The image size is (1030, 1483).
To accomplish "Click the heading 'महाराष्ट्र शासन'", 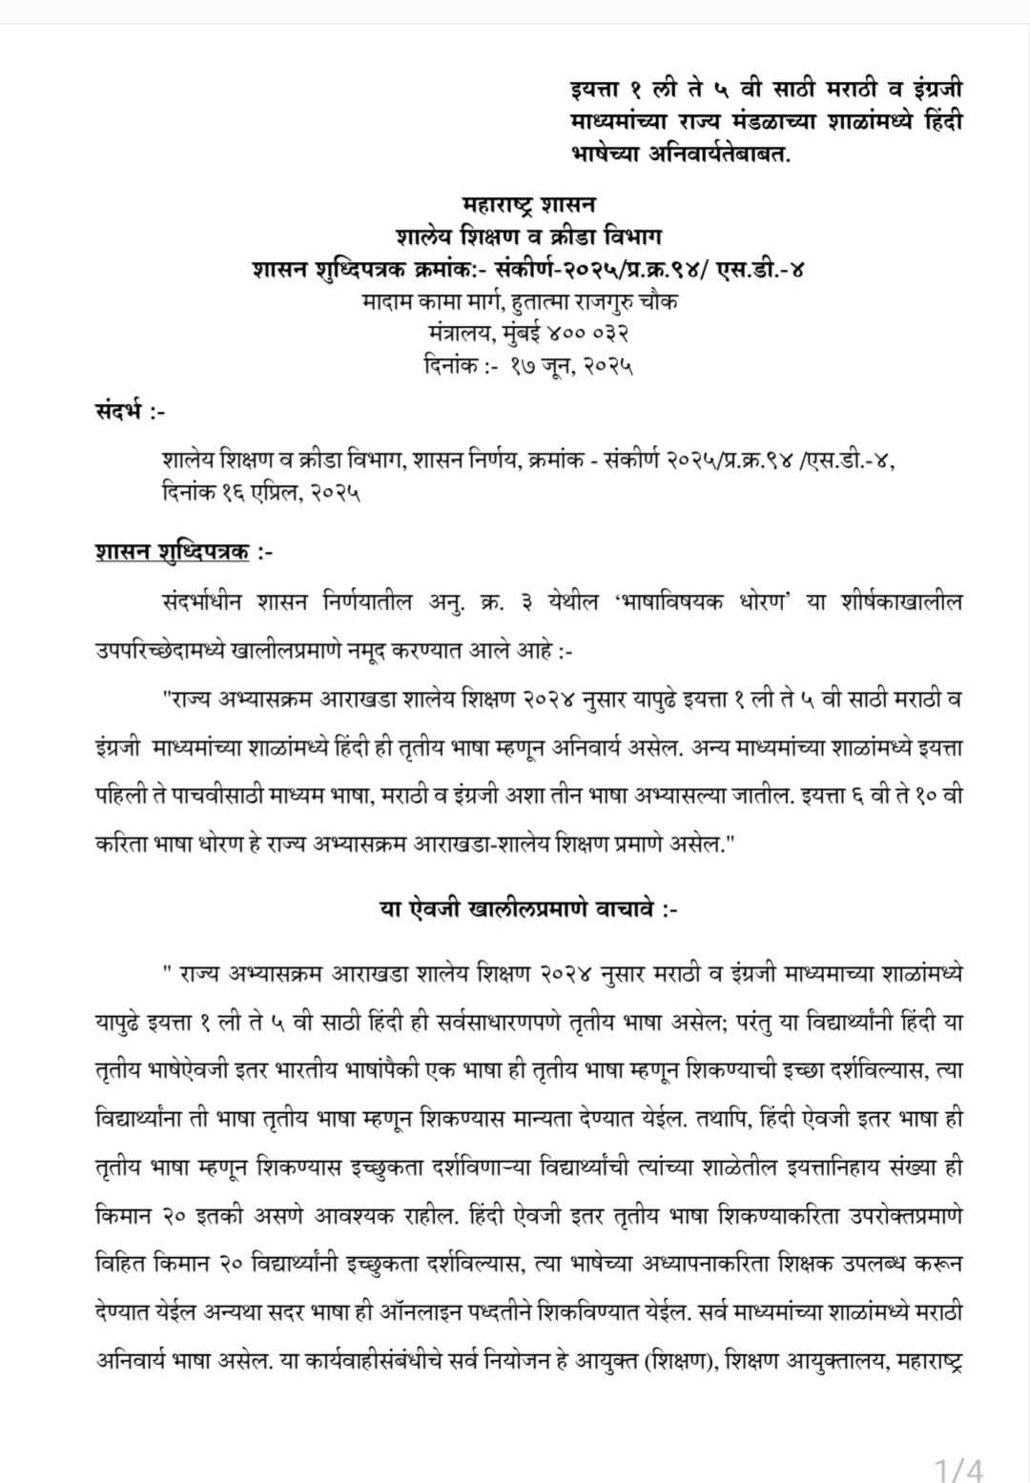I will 528,204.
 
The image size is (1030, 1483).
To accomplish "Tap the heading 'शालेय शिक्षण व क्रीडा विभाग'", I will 528,235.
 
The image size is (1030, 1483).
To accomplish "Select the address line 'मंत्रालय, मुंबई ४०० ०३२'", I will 528,333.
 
